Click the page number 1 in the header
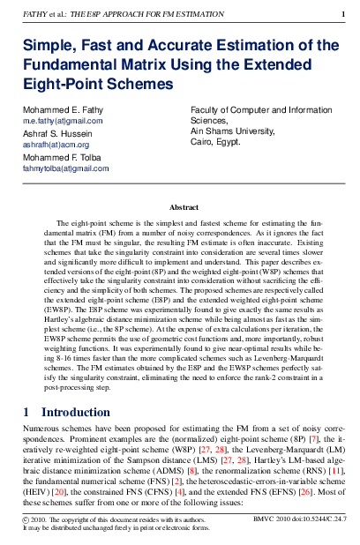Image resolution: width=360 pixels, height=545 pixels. pos(343,14)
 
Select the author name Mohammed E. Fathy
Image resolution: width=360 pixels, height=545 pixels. pos(57,110)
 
